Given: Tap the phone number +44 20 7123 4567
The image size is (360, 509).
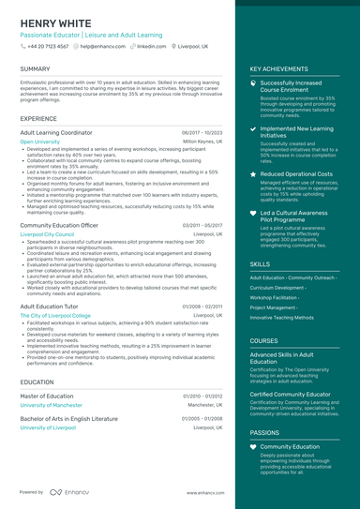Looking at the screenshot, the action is (48, 45).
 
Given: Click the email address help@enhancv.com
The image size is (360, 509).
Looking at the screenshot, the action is (106, 45).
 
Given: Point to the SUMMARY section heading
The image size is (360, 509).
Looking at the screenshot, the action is (35, 68).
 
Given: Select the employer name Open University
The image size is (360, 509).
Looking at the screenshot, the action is (39, 142).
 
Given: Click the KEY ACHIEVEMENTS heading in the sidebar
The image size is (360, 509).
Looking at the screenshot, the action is (278, 68).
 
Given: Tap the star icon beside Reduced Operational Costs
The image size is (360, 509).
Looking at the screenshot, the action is (253, 173).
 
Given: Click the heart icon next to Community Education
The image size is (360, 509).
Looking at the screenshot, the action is (253, 446).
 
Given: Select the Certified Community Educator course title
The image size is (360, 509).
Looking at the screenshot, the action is (292, 395).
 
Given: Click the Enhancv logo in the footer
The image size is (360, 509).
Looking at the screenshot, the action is (69, 491).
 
